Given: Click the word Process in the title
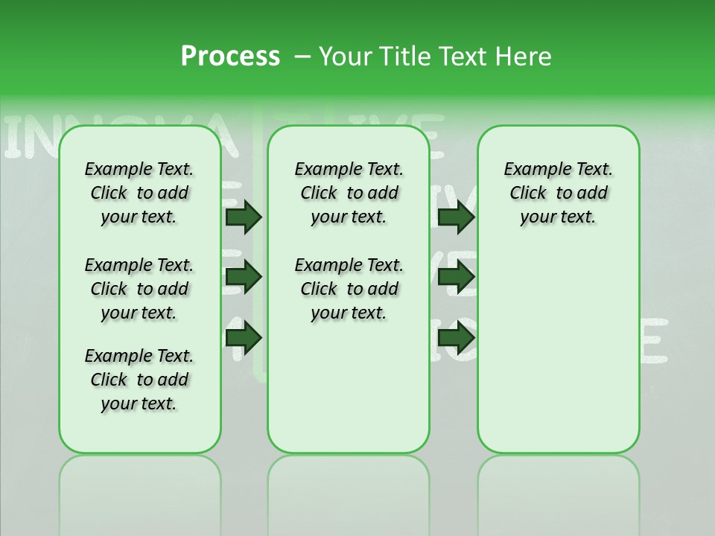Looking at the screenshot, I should [x=230, y=57].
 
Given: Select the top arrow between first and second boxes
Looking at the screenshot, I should [x=244, y=217].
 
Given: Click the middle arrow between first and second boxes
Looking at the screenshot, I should [x=244, y=278].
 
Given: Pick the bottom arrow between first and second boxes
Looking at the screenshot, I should [x=244, y=339].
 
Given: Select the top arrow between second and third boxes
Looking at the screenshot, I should [x=456, y=217].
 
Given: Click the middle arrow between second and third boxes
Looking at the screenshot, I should [x=456, y=278].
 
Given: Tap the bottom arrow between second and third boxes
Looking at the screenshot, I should [x=456, y=339].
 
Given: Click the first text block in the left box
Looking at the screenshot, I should [x=139, y=193].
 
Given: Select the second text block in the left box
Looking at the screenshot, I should [x=139, y=289].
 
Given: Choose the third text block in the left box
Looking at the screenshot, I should [x=139, y=380].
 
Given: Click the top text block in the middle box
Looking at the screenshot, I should [x=349, y=193].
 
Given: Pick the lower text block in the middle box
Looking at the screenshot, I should [x=349, y=289].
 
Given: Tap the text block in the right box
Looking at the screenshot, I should [x=559, y=193].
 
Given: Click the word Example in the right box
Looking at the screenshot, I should [x=531, y=170].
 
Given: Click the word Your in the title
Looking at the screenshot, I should [x=346, y=57].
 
